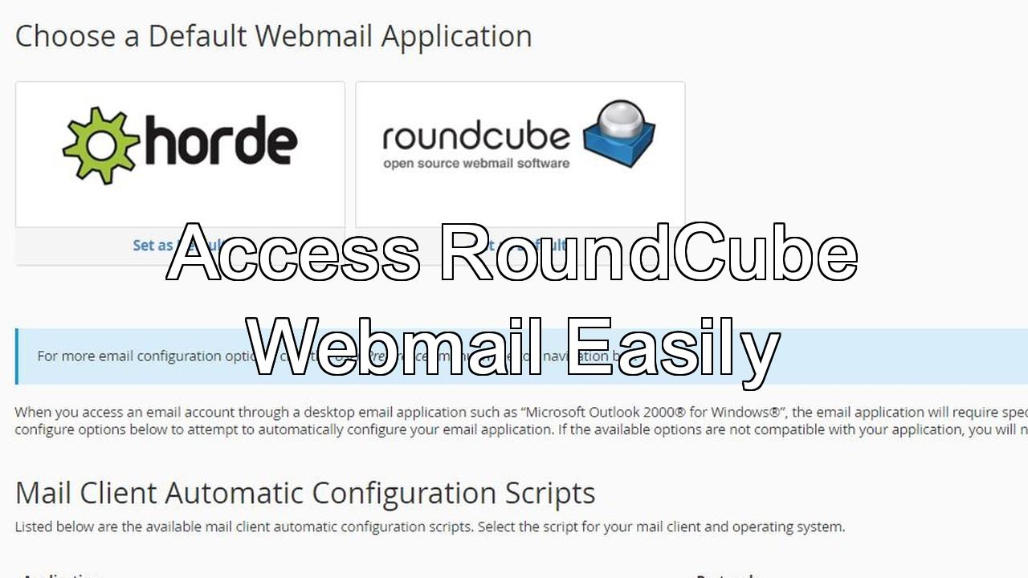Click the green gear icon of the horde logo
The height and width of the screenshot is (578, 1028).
click(x=100, y=145)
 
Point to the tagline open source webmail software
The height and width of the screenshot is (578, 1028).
click(x=476, y=163)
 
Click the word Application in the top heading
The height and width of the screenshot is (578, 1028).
click(x=456, y=36)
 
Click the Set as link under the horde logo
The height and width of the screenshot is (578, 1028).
click(x=153, y=245)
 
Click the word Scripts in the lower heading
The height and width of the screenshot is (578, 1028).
click(x=550, y=492)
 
